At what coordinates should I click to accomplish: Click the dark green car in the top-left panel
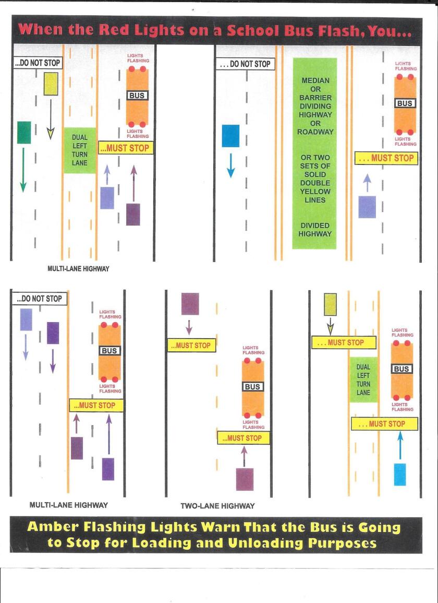(x=24, y=132)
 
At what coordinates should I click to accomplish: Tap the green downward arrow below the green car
(x=23, y=170)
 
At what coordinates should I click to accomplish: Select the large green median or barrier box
(x=314, y=153)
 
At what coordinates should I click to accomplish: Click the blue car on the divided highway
(x=230, y=136)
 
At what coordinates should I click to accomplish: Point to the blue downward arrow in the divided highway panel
(x=230, y=165)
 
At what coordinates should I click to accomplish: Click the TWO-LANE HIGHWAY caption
(x=217, y=506)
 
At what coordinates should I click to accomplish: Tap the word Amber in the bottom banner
(x=53, y=526)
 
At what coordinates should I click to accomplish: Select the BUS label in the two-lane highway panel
(x=252, y=386)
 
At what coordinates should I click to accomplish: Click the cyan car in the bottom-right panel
(x=400, y=474)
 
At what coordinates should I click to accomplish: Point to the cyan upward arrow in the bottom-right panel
(x=400, y=445)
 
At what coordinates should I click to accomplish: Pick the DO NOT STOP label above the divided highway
(x=246, y=64)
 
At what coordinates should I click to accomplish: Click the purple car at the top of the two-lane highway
(x=190, y=304)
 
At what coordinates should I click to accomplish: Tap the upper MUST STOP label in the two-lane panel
(x=192, y=345)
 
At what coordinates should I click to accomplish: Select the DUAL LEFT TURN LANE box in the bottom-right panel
(x=363, y=380)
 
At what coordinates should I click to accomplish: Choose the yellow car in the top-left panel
(x=51, y=84)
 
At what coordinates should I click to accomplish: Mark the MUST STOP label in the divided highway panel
(x=386, y=158)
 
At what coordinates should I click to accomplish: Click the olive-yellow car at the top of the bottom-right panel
(x=331, y=304)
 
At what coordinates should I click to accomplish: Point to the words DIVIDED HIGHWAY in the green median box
(x=314, y=230)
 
